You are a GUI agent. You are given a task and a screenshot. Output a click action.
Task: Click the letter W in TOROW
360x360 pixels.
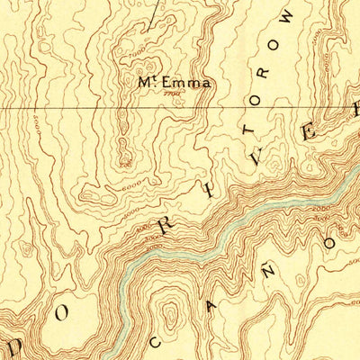pos(287,17)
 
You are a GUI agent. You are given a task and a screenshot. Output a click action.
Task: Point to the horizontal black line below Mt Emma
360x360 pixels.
pos(90,108)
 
